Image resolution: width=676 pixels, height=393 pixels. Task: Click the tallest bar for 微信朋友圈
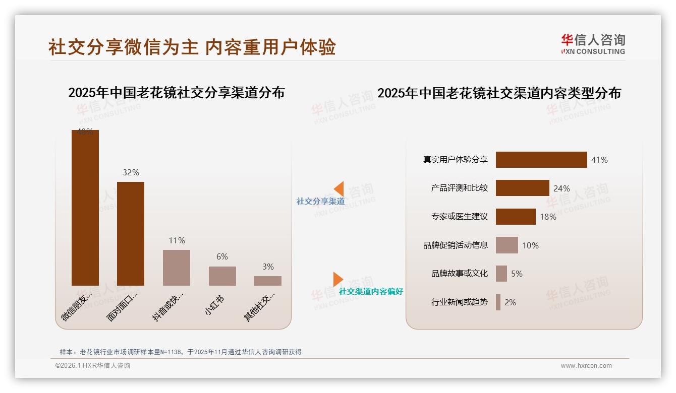coord(85,208)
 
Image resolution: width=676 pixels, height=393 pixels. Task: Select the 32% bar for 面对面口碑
coord(131,234)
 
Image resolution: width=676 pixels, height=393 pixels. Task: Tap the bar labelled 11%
coord(177,268)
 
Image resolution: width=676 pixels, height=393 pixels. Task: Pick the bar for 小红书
coord(222,276)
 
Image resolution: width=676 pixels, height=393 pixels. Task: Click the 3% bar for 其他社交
coord(268,281)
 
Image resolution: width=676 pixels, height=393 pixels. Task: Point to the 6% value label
coord(222,256)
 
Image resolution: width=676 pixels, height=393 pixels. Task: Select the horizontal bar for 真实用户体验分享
coord(541,160)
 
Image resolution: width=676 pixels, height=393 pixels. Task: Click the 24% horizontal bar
coord(522,188)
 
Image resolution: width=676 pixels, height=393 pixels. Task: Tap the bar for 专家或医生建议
coord(516,217)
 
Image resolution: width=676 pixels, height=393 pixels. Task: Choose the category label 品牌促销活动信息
coord(456,245)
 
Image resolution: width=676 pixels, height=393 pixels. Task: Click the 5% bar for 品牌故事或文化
coord(501,274)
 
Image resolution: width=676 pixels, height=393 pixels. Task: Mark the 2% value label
coord(510,302)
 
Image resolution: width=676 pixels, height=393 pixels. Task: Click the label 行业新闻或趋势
coord(460,302)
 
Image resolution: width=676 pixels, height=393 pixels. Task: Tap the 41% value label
coord(599,160)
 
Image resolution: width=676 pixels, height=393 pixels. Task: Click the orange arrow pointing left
coord(339,188)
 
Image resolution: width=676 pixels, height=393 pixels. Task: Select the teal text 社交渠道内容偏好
coord(371,291)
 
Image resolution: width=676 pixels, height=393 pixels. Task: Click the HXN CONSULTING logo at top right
coord(593,44)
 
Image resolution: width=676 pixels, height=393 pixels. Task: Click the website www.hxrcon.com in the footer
coord(586,366)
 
